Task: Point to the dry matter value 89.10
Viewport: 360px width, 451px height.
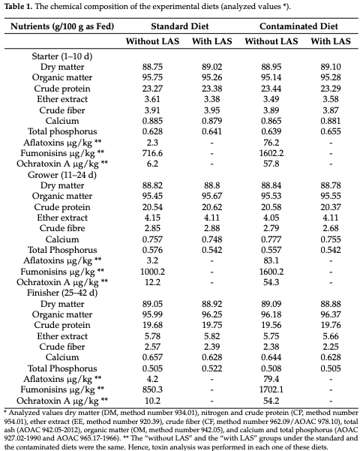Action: point(330,66)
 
